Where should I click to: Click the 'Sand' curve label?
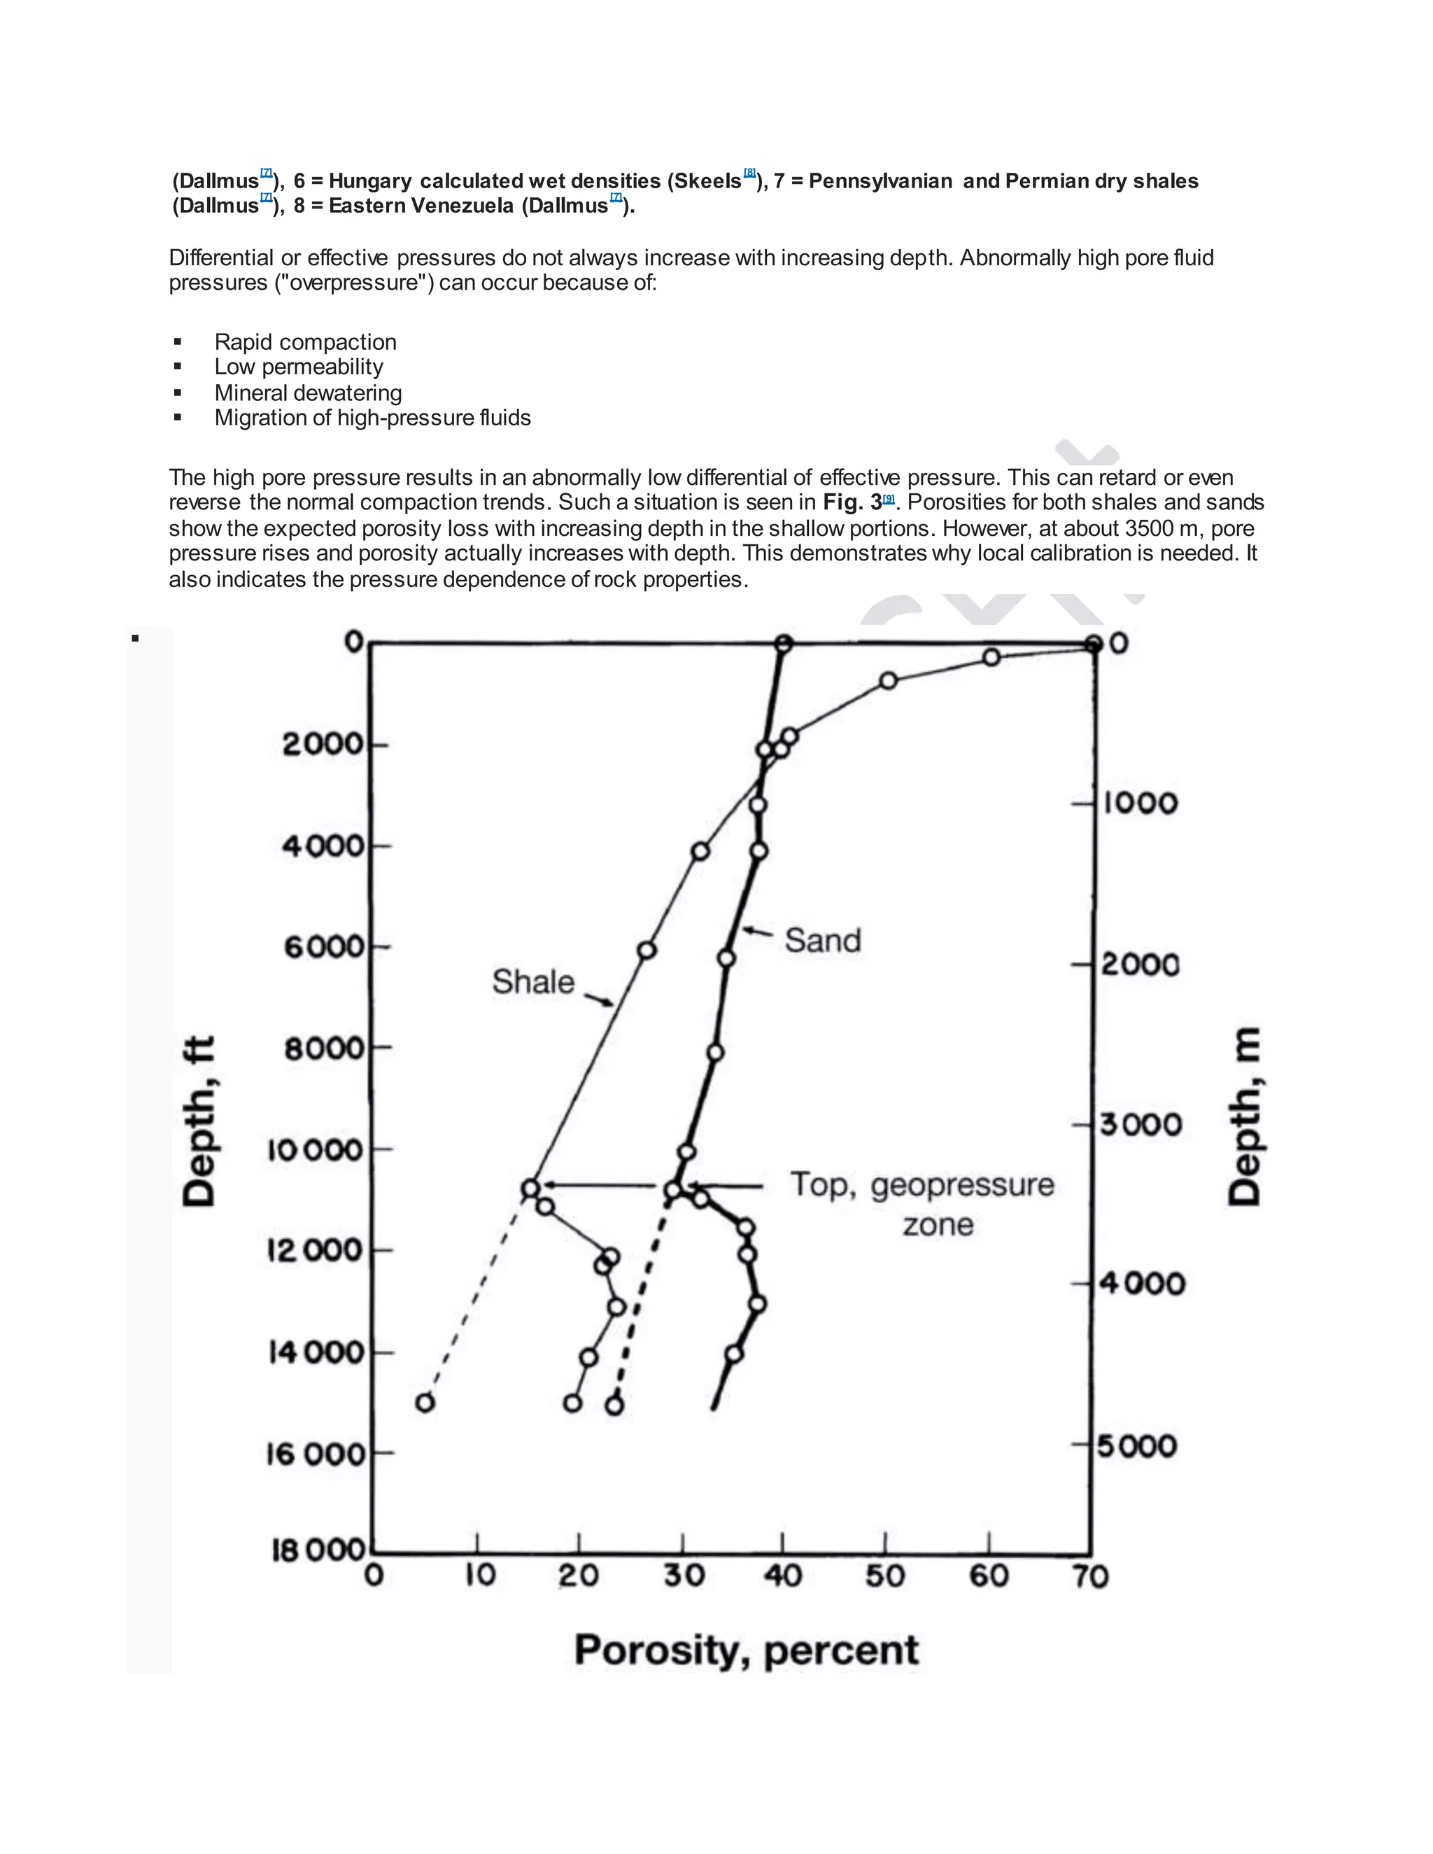tap(821, 940)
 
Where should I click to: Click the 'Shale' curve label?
tap(533, 982)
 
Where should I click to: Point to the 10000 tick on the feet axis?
tap(318, 1150)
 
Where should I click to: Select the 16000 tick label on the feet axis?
tap(315, 1455)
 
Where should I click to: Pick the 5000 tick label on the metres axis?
tap(1138, 1445)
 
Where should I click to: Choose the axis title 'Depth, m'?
tap(1245, 1117)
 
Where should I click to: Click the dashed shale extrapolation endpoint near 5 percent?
tap(425, 1402)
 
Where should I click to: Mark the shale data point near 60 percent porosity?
tap(991, 657)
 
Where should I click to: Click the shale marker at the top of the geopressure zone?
tap(530, 1188)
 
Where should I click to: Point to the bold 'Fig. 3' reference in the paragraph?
tap(852, 502)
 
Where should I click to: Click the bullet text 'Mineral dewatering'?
tap(308, 393)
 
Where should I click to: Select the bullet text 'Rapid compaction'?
tap(305, 342)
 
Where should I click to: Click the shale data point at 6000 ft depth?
tap(647, 950)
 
